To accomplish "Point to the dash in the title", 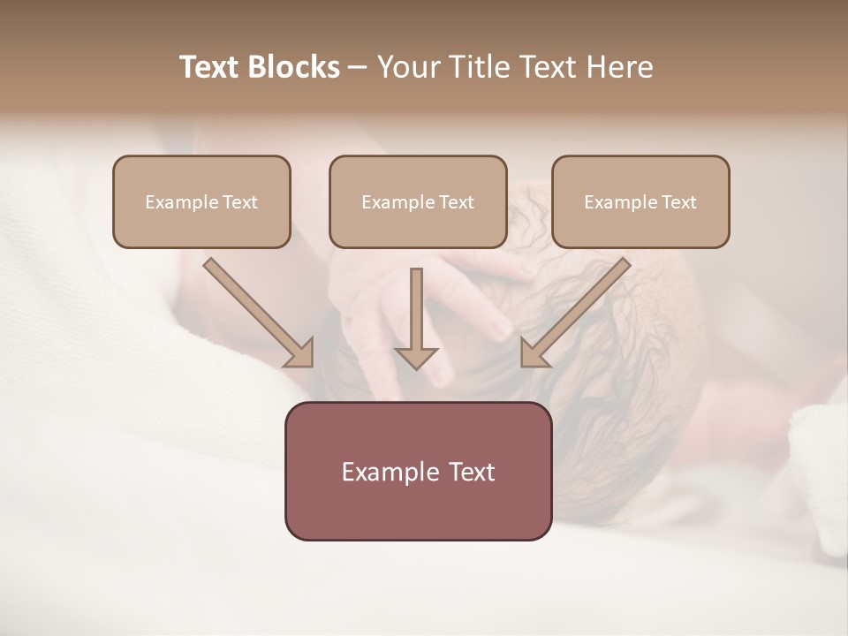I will pyautogui.click(x=358, y=68).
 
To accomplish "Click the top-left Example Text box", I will pyautogui.click(x=201, y=201).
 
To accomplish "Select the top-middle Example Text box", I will pyautogui.click(x=418, y=201).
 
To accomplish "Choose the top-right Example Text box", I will pyautogui.click(x=640, y=201).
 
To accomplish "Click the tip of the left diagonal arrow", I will pyautogui.click(x=311, y=365).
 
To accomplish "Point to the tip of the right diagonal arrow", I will pyautogui.click(x=523, y=365).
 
